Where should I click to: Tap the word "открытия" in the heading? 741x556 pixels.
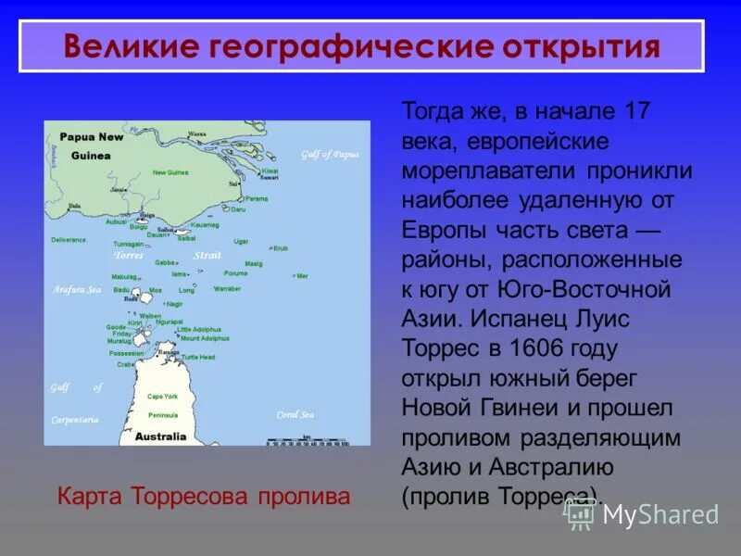[584, 46]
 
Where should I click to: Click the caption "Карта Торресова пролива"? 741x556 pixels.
[204, 496]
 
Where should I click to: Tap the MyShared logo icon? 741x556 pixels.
[580, 514]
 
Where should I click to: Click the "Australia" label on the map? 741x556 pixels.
[160, 436]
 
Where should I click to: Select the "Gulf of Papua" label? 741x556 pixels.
[329, 154]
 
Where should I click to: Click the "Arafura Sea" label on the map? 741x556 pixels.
[77, 289]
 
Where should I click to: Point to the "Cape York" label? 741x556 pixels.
[162, 396]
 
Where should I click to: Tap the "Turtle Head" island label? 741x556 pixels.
[198, 357]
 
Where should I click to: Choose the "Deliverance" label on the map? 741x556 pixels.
[69, 240]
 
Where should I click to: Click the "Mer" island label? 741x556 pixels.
[302, 276]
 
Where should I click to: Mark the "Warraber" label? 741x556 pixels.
[228, 288]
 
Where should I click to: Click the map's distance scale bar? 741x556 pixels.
[308, 441]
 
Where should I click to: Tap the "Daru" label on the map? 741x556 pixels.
[239, 209]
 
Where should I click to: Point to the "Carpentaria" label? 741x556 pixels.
[75, 419]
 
